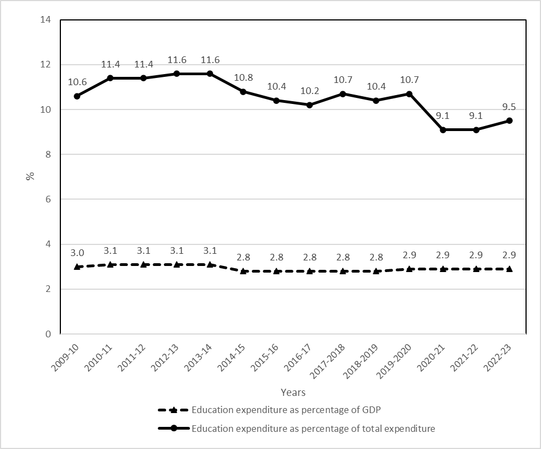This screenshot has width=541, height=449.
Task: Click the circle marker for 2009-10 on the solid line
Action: coord(77,96)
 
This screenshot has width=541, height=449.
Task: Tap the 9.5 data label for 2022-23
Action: coord(509,107)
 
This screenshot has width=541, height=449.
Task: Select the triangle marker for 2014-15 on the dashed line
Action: coord(243,271)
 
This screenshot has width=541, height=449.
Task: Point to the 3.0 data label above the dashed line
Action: coord(77,253)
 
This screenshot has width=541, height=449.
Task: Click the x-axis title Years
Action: coord(293,393)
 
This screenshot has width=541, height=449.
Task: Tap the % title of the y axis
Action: coord(30,176)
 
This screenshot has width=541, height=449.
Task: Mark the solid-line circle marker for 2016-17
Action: coord(310,105)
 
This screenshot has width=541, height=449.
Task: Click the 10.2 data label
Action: coord(310,91)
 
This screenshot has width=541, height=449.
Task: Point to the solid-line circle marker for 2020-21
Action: coord(443,130)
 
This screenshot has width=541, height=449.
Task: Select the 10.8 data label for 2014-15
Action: coord(243,78)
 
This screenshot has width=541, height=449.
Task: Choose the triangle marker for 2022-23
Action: coord(509,269)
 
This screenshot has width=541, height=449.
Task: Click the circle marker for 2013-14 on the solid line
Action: coord(210,74)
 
